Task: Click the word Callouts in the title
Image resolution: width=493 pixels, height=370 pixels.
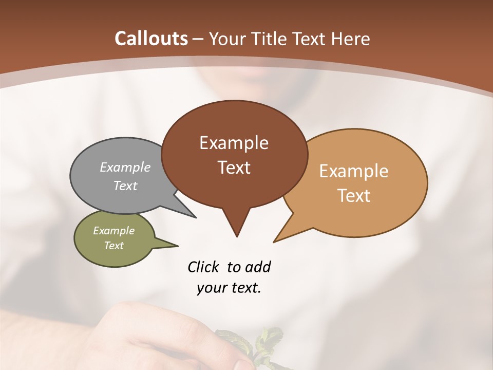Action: click(151, 39)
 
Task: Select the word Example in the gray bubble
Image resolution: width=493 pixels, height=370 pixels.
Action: click(125, 168)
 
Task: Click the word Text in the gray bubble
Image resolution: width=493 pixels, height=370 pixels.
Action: click(125, 186)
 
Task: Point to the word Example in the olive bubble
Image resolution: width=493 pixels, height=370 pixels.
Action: click(114, 231)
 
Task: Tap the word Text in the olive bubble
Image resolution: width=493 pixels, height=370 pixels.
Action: click(114, 246)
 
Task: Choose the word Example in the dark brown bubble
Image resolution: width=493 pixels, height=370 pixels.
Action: click(234, 143)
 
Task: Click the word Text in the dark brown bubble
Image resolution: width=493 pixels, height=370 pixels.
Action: click(234, 168)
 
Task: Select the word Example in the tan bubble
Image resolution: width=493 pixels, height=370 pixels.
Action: click(354, 171)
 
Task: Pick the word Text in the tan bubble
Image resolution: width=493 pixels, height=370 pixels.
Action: click(354, 195)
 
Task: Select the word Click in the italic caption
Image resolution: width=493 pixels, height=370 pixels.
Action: click(204, 267)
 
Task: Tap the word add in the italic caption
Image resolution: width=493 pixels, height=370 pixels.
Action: click(258, 267)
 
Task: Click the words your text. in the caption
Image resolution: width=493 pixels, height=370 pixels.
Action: click(229, 288)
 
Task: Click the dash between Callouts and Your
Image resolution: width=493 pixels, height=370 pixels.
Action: click(198, 39)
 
